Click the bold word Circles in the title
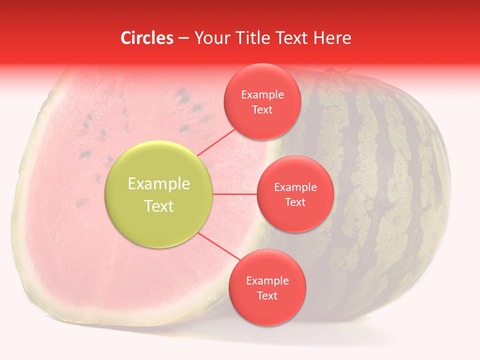[x=147, y=38]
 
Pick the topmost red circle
[x=262, y=101]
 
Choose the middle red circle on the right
[x=295, y=194]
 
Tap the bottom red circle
[x=267, y=287]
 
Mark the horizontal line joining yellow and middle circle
[x=235, y=194]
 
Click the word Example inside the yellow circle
[x=159, y=183]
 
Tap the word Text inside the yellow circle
[x=159, y=206]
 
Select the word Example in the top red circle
[x=262, y=94]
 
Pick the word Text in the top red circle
[x=262, y=109]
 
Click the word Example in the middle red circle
[x=295, y=187]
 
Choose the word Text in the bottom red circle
[x=267, y=295]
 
